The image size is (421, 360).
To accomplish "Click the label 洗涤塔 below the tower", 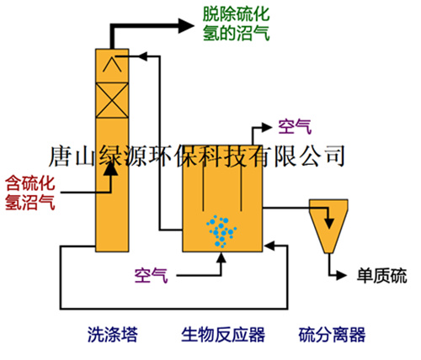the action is tap(113, 334).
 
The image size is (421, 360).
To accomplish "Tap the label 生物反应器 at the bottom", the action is tap(223, 334).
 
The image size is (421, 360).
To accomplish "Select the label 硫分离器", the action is tap(332, 334).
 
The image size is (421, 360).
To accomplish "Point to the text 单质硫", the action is tap(381, 276).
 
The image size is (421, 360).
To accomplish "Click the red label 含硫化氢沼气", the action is tap(30, 193).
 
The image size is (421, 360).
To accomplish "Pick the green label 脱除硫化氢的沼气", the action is tap(236, 24).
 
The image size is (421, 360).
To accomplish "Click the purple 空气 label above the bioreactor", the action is tap(295, 127).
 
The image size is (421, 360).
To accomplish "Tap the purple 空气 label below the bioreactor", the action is tap(151, 275).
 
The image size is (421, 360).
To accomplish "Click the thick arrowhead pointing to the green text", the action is tap(186, 26).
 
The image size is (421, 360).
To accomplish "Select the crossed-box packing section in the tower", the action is tap(112, 100).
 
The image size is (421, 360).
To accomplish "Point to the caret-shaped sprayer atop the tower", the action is tap(112, 64).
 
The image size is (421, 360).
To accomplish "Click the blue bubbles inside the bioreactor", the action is tap(221, 231).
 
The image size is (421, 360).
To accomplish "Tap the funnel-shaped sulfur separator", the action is tap(328, 226).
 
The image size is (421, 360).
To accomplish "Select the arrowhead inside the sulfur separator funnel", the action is tap(329, 223).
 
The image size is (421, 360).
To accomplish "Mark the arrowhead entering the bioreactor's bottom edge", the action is tap(221, 257).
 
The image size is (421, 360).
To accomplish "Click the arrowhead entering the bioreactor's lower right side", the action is tap(269, 246).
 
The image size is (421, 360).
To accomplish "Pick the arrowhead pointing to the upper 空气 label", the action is tap(267, 127).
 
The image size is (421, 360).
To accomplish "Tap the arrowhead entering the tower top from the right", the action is tap(143, 56).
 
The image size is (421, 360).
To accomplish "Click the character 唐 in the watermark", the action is tap(59, 156).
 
